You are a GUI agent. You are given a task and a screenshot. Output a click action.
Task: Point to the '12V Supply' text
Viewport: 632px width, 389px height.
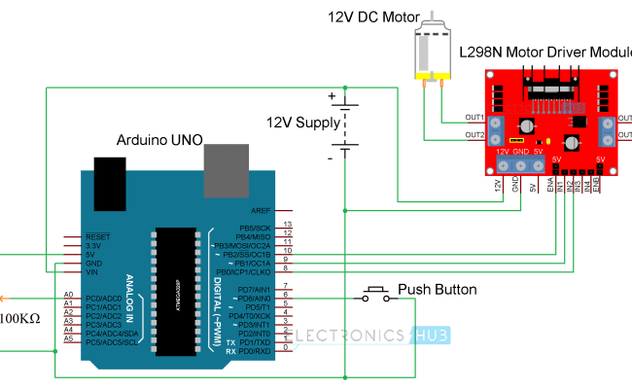[304, 123]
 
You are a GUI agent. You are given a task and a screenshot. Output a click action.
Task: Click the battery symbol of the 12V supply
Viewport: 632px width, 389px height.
[344, 125]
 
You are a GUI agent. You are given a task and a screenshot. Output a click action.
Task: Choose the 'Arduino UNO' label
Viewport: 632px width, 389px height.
[159, 140]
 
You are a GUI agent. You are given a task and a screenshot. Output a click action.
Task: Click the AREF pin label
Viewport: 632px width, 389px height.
[261, 210]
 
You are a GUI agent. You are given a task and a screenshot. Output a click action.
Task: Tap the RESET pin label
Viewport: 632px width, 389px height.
[97, 236]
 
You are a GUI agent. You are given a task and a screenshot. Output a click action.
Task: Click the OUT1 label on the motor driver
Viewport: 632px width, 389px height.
[475, 117]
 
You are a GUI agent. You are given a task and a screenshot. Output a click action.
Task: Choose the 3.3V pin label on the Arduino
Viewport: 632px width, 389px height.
[95, 245]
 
